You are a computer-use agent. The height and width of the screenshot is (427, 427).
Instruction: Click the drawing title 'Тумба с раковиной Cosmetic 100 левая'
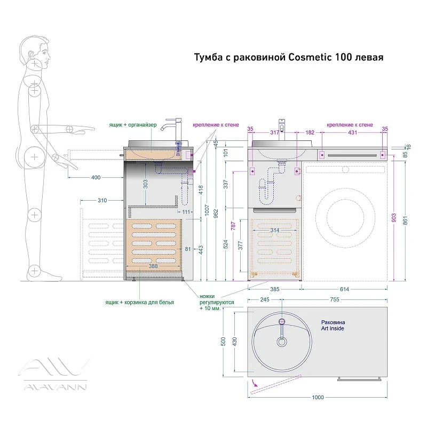[x=289, y=58]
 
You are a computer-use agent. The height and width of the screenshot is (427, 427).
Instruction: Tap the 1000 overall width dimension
[x=318, y=397]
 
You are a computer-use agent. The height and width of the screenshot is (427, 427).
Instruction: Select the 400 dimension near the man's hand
[x=96, y=178]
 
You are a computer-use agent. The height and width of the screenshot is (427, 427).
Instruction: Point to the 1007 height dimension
[x=207, y=210]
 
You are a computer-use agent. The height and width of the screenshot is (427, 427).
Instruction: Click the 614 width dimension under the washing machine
[x=344, y=289]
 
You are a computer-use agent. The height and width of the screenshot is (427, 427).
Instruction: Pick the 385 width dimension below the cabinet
[x=274, y=289]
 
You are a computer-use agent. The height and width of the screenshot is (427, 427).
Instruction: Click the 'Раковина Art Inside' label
[x=333, y=326]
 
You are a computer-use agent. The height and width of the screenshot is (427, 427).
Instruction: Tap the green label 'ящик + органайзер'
[x=133, y=125]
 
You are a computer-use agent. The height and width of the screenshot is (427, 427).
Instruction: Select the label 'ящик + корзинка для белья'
[x=139, y=302]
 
